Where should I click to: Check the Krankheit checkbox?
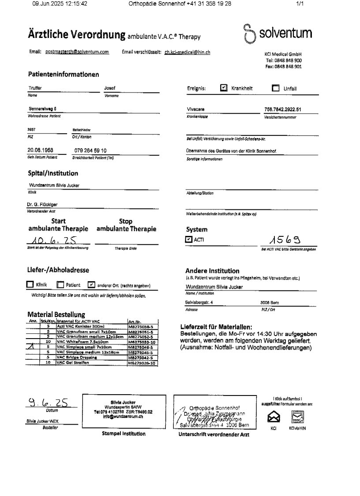[224, 88]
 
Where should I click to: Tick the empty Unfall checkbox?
[276, 88]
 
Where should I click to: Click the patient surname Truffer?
[35, 88]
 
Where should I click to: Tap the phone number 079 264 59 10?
[90, 150]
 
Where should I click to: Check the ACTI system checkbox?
[189, 239]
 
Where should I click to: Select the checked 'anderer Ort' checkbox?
[91, 285]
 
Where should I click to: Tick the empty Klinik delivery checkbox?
[30, 285]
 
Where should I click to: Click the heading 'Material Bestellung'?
[56, 315]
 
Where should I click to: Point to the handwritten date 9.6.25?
[49, 403]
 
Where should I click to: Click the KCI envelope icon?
[274, 416]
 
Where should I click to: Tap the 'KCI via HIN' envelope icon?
[297, 416]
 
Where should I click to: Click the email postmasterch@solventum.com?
[77, 52]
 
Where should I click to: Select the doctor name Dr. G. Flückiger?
[42, 205]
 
